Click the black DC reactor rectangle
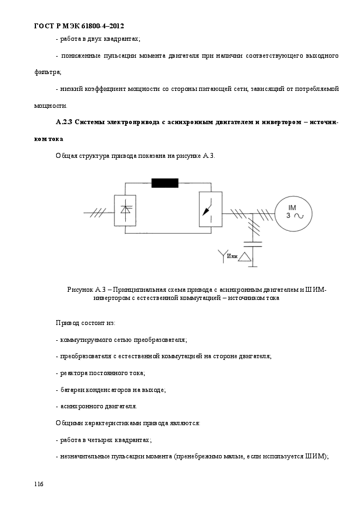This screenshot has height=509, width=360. pyautogui.click(x=164, y=182)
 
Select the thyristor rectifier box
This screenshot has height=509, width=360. pyautogui.click(x=125, y=210)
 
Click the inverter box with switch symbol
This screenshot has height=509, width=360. pyautogui.click(x=210, y=210)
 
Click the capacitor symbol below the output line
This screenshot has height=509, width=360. pyautogui.click(x=252, y=243)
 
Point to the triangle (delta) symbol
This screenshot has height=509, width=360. pyautogui.click(x=246, y=256)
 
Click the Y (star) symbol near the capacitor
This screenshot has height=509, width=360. pyautogui.click(x=222, y=255)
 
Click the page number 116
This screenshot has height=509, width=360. pyautogui.click(x=39, y=484)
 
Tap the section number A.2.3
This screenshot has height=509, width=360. pyautogui.click(x=64, y=121)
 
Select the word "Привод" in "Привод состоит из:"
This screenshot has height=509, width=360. pyautogui.click(x=67, y=323)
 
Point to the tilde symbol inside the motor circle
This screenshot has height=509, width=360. pyautogui.click(x=299, y=216)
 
